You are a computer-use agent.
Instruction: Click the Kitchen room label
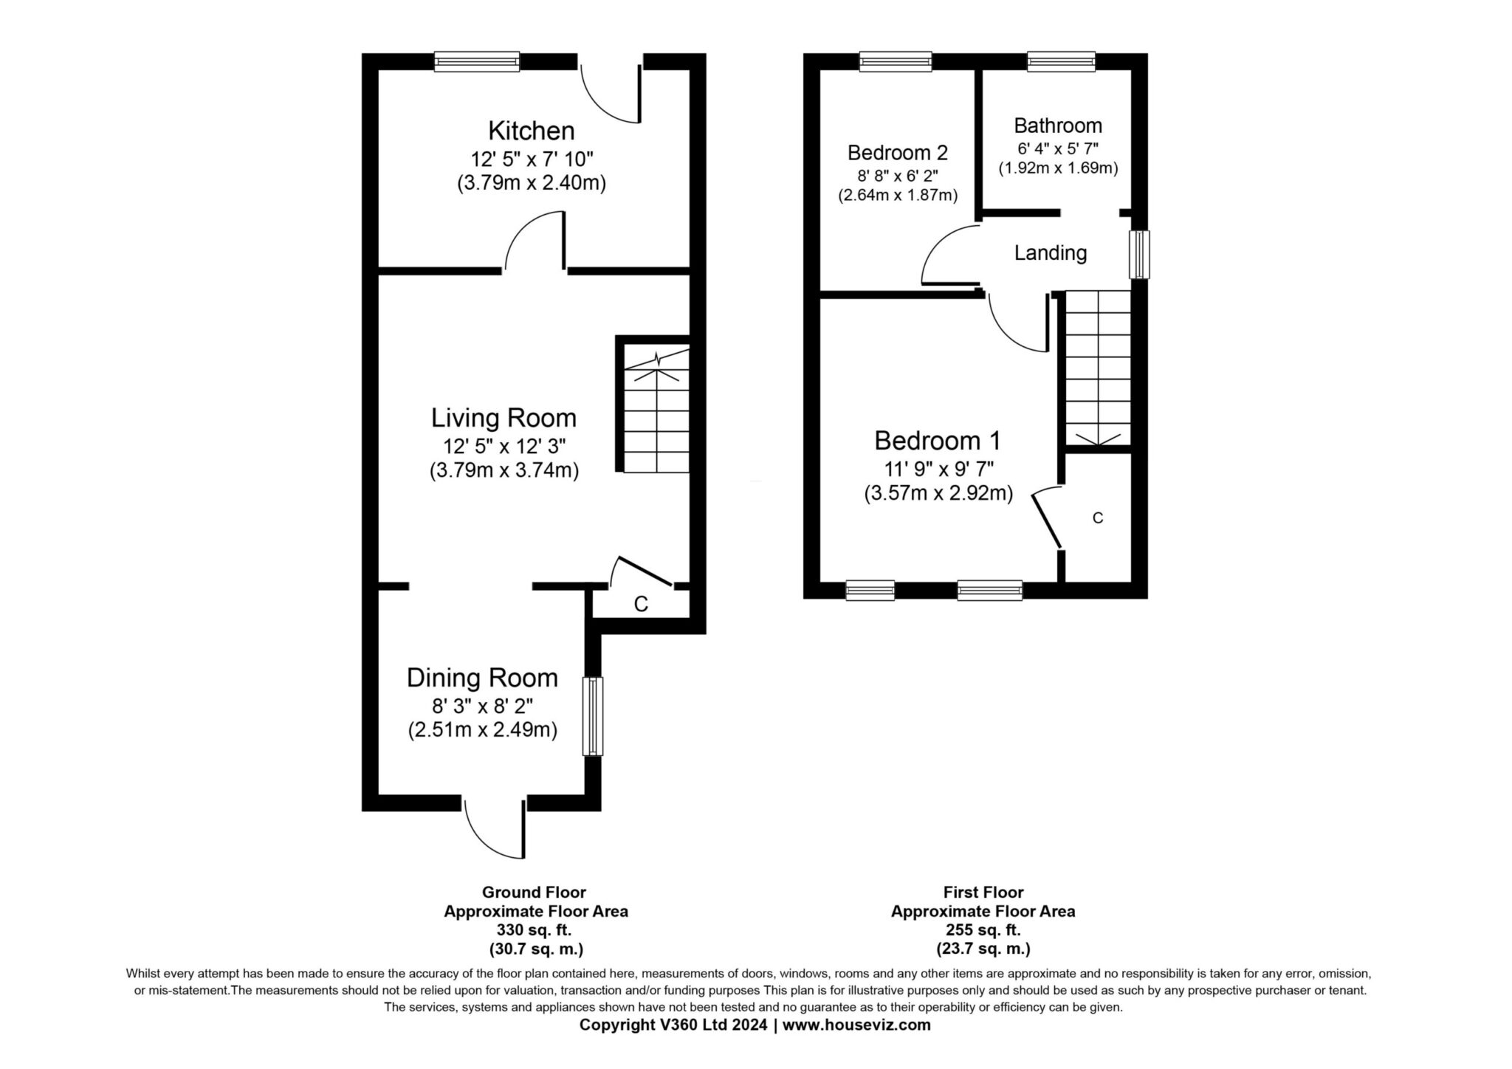tap(532, 131)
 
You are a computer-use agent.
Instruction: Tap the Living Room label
tap(504, 418)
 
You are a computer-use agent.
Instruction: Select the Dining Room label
tap(482, 678)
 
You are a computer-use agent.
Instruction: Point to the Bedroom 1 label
tap(938, 441)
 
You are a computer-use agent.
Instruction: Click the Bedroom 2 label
tap(898, 153)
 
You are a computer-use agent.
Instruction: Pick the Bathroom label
tap(1058, 125)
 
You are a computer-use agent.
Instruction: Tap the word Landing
tap(1051, 253)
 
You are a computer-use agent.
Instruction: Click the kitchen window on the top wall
tap(477, 61)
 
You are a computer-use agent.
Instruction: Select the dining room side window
tap(593, 716)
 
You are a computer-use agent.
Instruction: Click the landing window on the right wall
tap(1140, 255)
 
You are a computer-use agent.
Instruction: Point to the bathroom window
tap(1061, 61)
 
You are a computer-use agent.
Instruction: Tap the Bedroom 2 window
tap(896, 61)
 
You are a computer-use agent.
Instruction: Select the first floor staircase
tap(1098, 368)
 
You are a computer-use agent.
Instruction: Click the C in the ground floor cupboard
tap(641, 604)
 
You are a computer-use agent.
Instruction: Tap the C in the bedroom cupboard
tap(1098, 518)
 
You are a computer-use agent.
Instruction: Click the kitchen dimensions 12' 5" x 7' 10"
tap(532, 159)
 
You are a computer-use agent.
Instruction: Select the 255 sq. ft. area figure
tap(983, 929)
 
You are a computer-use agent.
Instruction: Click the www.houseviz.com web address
tap(856, 1025)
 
